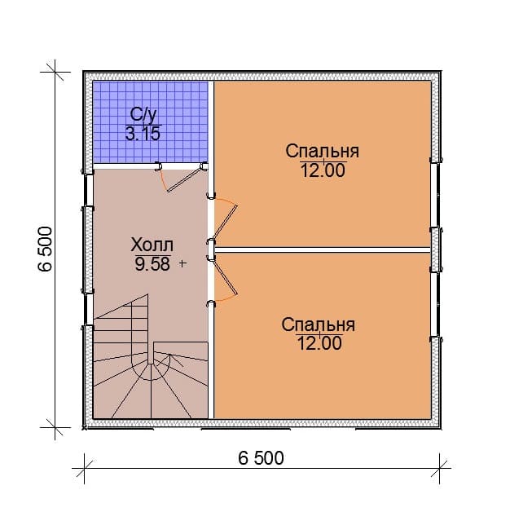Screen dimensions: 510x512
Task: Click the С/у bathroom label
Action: point(143,115)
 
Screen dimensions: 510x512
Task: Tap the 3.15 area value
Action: point(143,134)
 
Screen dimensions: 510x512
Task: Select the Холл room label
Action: point(152,245)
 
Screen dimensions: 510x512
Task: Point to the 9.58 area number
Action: point(152,264)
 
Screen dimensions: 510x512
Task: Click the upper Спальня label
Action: point(323,151)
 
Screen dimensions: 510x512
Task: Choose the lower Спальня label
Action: point(319,325)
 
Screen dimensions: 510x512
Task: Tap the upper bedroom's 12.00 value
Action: point(323,170)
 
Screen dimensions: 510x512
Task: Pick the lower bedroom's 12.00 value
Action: point(319,343)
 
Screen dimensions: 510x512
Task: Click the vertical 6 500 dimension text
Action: point(46,249)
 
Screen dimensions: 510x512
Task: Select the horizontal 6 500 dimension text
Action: point(261,458)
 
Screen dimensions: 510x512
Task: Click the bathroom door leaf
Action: point(184,179)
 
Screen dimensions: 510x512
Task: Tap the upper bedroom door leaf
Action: point(226,222)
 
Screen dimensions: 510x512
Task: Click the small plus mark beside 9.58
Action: point(182,263)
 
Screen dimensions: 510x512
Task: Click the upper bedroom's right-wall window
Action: point(435,196)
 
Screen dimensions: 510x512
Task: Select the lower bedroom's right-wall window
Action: point(435,305)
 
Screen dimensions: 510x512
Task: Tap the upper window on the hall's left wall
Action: point(88,190)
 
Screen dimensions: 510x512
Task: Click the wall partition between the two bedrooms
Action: point(323,249)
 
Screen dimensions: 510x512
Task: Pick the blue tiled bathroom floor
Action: point(151,121)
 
